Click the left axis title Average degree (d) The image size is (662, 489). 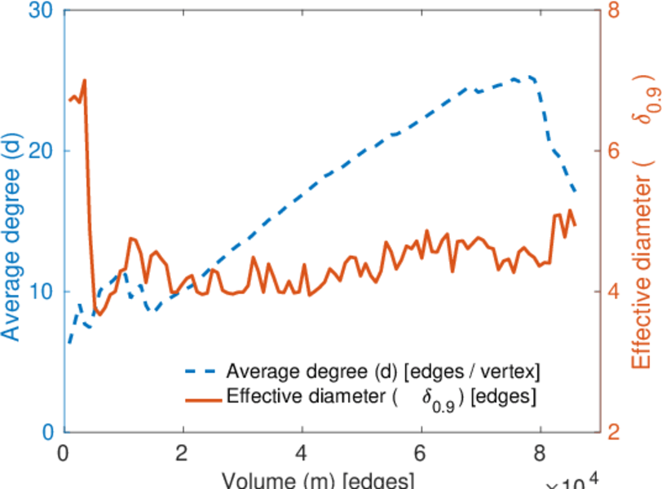pos(11,236)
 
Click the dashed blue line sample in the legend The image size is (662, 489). pos(201,372)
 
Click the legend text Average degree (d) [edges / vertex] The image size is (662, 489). pos(383,372)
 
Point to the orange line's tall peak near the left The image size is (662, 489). pos(84,81)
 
